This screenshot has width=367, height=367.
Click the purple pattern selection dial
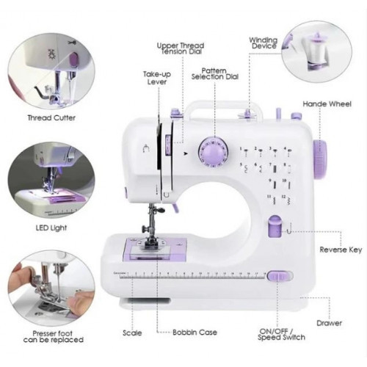[213, 152]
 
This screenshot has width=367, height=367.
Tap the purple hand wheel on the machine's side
[320, 159]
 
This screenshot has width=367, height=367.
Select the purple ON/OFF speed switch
[280, 276]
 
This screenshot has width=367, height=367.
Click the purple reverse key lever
[275, 226]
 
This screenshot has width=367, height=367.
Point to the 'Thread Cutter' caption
[51, 118]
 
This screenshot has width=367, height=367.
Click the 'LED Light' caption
[51, 228]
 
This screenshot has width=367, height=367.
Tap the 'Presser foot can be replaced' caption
[54, 337]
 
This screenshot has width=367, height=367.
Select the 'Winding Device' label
[264, 43]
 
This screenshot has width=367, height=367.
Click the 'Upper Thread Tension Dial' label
[181, 48]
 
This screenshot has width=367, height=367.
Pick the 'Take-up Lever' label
[157, 78]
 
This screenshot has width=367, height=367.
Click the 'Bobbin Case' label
[195, 333]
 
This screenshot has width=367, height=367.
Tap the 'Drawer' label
[329, 323]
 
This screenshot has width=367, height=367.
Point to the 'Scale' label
[132, 333]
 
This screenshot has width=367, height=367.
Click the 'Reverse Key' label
[341, 250]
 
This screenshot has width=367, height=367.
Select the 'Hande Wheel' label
[327, 104]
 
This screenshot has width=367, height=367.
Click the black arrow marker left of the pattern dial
[186, 153]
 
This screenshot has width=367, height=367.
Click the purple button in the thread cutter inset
[73, 59]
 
